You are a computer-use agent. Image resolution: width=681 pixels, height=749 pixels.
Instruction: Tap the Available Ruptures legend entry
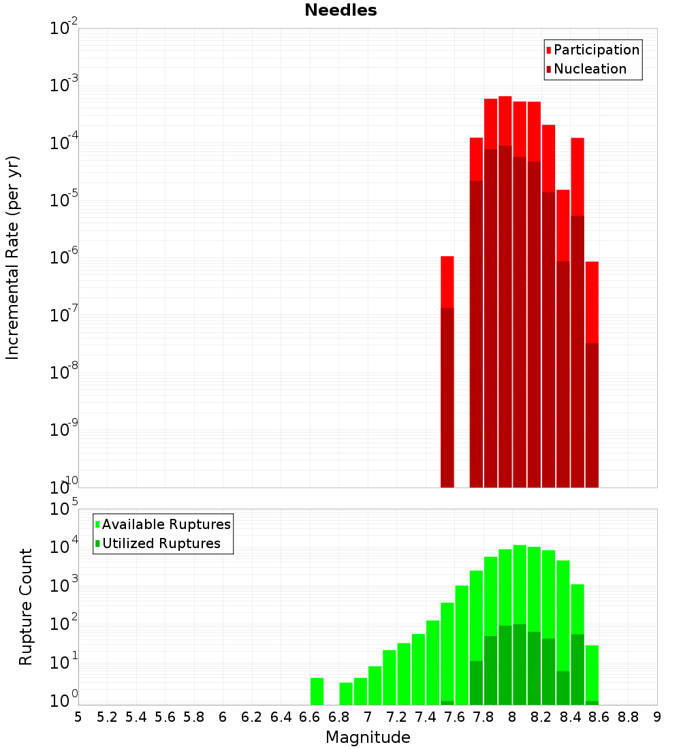tap(166, 524)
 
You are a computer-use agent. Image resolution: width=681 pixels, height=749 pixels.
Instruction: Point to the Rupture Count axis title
tap(26, 607)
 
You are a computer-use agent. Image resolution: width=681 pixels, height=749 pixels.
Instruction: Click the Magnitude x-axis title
tap(368, 737)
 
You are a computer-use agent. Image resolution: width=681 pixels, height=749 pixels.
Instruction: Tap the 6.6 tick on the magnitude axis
tap(310, 717)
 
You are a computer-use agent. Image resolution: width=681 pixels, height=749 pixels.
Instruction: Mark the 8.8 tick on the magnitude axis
tap(628, 717)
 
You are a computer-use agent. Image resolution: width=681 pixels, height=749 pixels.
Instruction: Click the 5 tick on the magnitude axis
tap(78, 717)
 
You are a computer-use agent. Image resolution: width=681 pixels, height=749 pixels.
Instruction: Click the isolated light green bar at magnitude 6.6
tap(317, 690)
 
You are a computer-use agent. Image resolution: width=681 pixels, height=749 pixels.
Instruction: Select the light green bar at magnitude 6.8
tap(346, 693)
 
